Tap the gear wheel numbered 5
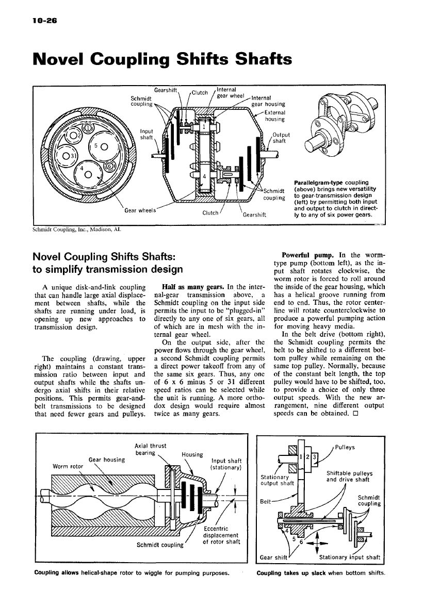tap(102, 145)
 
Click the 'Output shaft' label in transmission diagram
tap(281, 138)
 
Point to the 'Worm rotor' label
tap(67, 467)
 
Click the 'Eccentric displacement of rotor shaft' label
tap(221, 535)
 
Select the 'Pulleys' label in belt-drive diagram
tap(347, 447)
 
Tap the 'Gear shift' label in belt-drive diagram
tap(273, 557)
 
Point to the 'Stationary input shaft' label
tap(349, 557)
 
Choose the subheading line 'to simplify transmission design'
tap(108, 269)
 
